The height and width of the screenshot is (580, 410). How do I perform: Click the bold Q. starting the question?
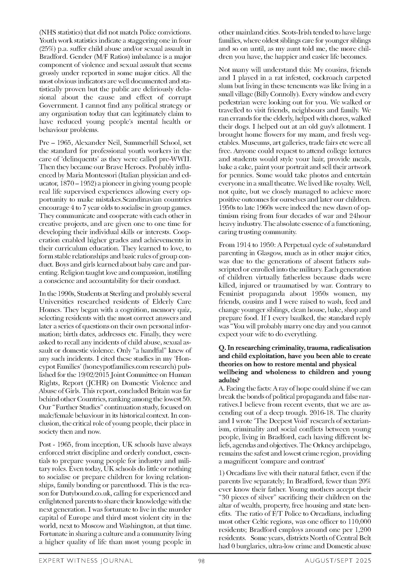click(x=222, y=348)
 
